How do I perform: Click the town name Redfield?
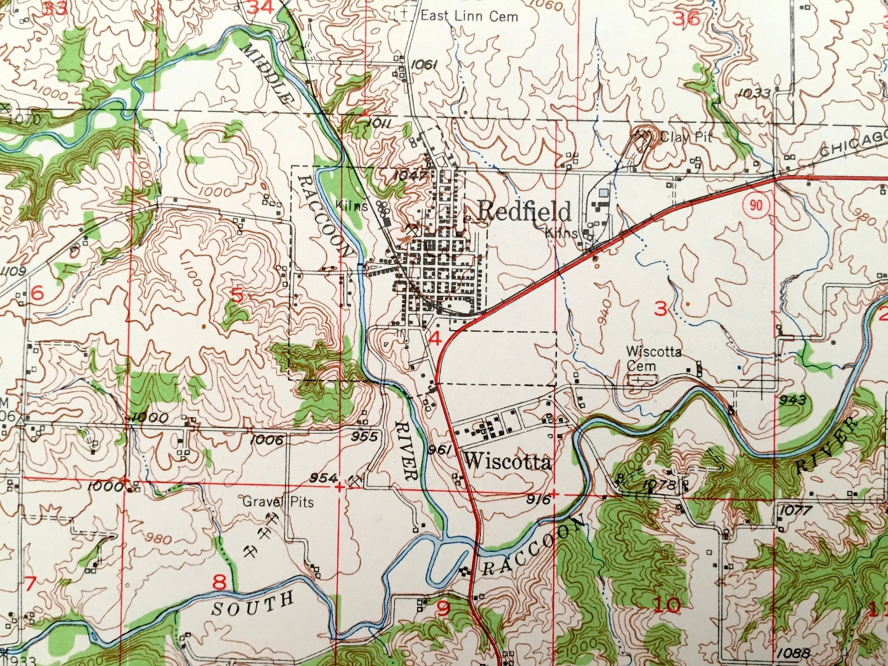pos(525,211)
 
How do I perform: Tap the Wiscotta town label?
pos(508,462)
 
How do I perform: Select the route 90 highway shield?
pos(756,205)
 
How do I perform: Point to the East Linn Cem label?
pos(469,16)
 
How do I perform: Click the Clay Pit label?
pos(686,136)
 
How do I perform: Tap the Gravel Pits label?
pos(277,502)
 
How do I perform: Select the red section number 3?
pos(661,308)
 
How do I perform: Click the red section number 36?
pos(687,18)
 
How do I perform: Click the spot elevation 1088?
pos(792,654)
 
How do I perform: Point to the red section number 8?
pos(220,582)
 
